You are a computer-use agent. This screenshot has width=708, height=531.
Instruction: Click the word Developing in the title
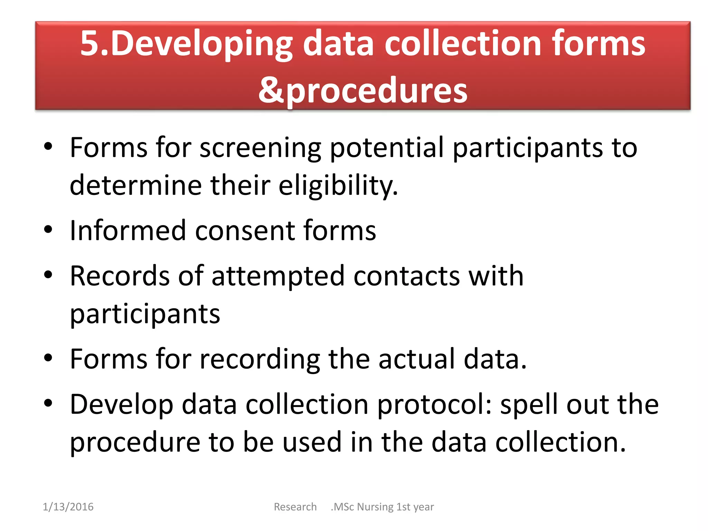point(202,44)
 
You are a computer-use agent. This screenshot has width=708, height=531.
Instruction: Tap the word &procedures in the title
point(363,91)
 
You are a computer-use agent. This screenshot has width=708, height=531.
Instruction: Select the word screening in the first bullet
point(260,148)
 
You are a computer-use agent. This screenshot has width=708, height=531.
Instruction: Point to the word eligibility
point(338,186)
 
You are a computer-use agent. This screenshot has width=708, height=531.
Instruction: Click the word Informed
point(128,231)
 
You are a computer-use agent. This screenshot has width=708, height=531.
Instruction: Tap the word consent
point(245,231)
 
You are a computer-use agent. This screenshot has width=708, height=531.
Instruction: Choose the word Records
point(120,276)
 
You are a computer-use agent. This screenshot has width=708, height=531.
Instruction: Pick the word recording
point(260,359)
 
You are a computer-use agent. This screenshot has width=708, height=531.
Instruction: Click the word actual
point(417,359)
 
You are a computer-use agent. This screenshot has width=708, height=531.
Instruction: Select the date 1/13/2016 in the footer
point(68,507)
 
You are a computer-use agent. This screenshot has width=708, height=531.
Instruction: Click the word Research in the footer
point(295,507)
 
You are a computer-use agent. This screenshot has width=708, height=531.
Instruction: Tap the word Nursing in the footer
point(375,507)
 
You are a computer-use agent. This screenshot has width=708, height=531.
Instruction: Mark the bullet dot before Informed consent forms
point(48,230)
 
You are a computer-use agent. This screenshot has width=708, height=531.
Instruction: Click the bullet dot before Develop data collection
point(48,403)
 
